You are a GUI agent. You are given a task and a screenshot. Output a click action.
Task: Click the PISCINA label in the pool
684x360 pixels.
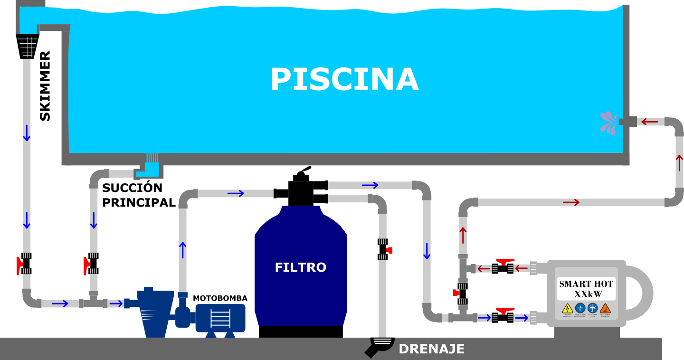tap(344, 79)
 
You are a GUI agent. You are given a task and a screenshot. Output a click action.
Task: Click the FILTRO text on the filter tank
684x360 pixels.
tap(301, 267)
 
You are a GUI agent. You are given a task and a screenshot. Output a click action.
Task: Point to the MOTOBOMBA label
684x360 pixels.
tap(220, 298)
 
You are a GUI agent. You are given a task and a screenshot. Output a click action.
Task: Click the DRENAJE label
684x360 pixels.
tap(431, 349)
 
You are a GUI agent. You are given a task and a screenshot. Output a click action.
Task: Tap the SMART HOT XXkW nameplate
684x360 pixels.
tap(586, 289)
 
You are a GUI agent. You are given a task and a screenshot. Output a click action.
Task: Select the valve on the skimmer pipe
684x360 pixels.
tap(26, 264)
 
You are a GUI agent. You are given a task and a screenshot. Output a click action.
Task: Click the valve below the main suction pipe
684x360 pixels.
tap(93, 264)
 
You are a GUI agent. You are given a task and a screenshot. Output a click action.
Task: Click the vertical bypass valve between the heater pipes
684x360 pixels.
tap(462, 294)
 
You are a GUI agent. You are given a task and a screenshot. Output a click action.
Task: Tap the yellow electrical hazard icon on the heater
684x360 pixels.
tap(567, 308)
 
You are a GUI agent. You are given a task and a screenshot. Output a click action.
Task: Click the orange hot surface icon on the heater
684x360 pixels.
tap(605, 308)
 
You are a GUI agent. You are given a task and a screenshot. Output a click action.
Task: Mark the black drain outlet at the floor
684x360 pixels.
tap(379, 345)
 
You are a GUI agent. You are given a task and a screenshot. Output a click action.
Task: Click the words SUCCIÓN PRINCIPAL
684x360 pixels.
tap(139, 195)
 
